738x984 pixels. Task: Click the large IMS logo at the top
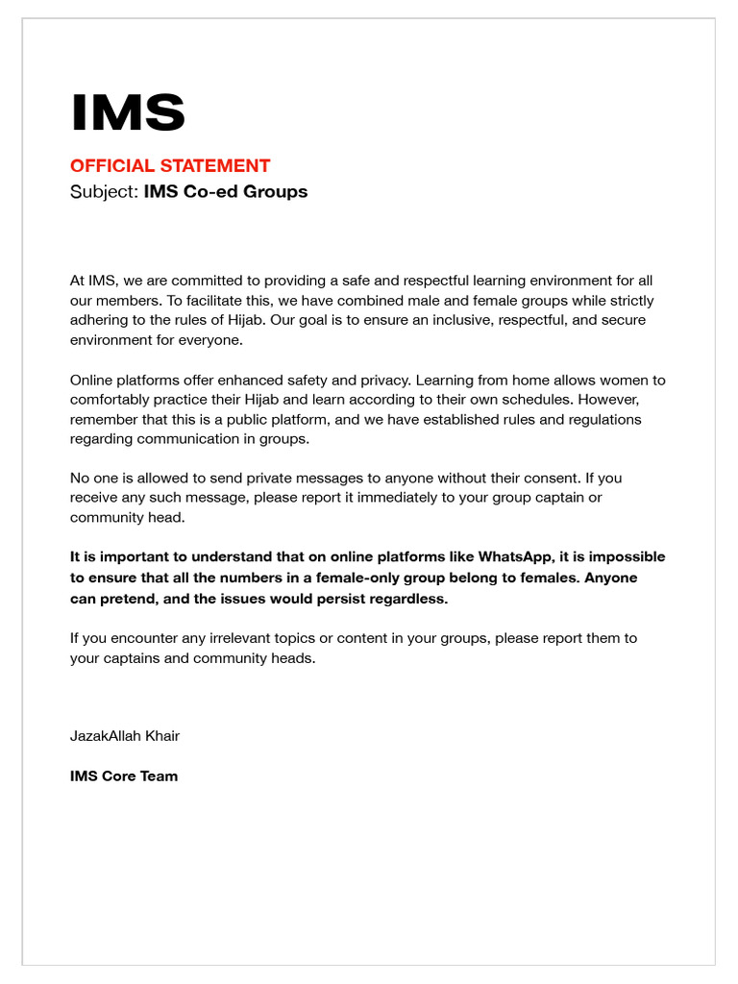[x=128, y=113]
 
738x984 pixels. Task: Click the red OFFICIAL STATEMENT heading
[x=170, y=166]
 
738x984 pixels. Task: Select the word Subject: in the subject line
[x=105, y=191]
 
